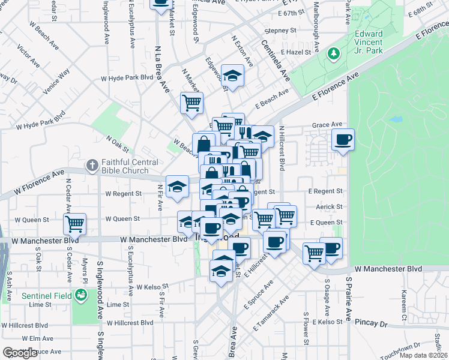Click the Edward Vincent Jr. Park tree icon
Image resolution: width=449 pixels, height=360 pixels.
coord(333,55)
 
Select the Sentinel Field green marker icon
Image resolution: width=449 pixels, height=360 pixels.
coord(80,295)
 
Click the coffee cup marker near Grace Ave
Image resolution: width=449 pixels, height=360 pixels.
coord(343,140)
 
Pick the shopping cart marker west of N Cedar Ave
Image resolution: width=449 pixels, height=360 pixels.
coord(75,224)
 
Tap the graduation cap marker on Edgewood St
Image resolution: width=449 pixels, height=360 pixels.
coord(232,76)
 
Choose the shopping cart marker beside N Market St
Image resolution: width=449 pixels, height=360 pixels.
coord(191,103)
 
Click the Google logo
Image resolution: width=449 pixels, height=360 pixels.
coord(20,353)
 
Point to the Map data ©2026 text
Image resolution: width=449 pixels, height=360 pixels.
coord(423,355)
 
